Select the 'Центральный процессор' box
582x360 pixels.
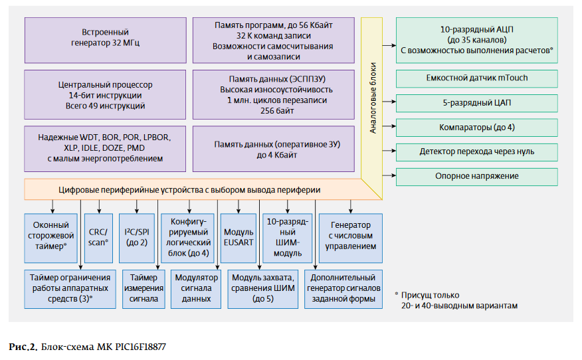(x=105, y=95)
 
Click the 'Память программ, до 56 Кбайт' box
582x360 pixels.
(x=273, y=41)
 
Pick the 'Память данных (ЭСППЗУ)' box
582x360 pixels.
(x=273, y=95)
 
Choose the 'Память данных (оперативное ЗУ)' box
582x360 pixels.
(x=273, y=148)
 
